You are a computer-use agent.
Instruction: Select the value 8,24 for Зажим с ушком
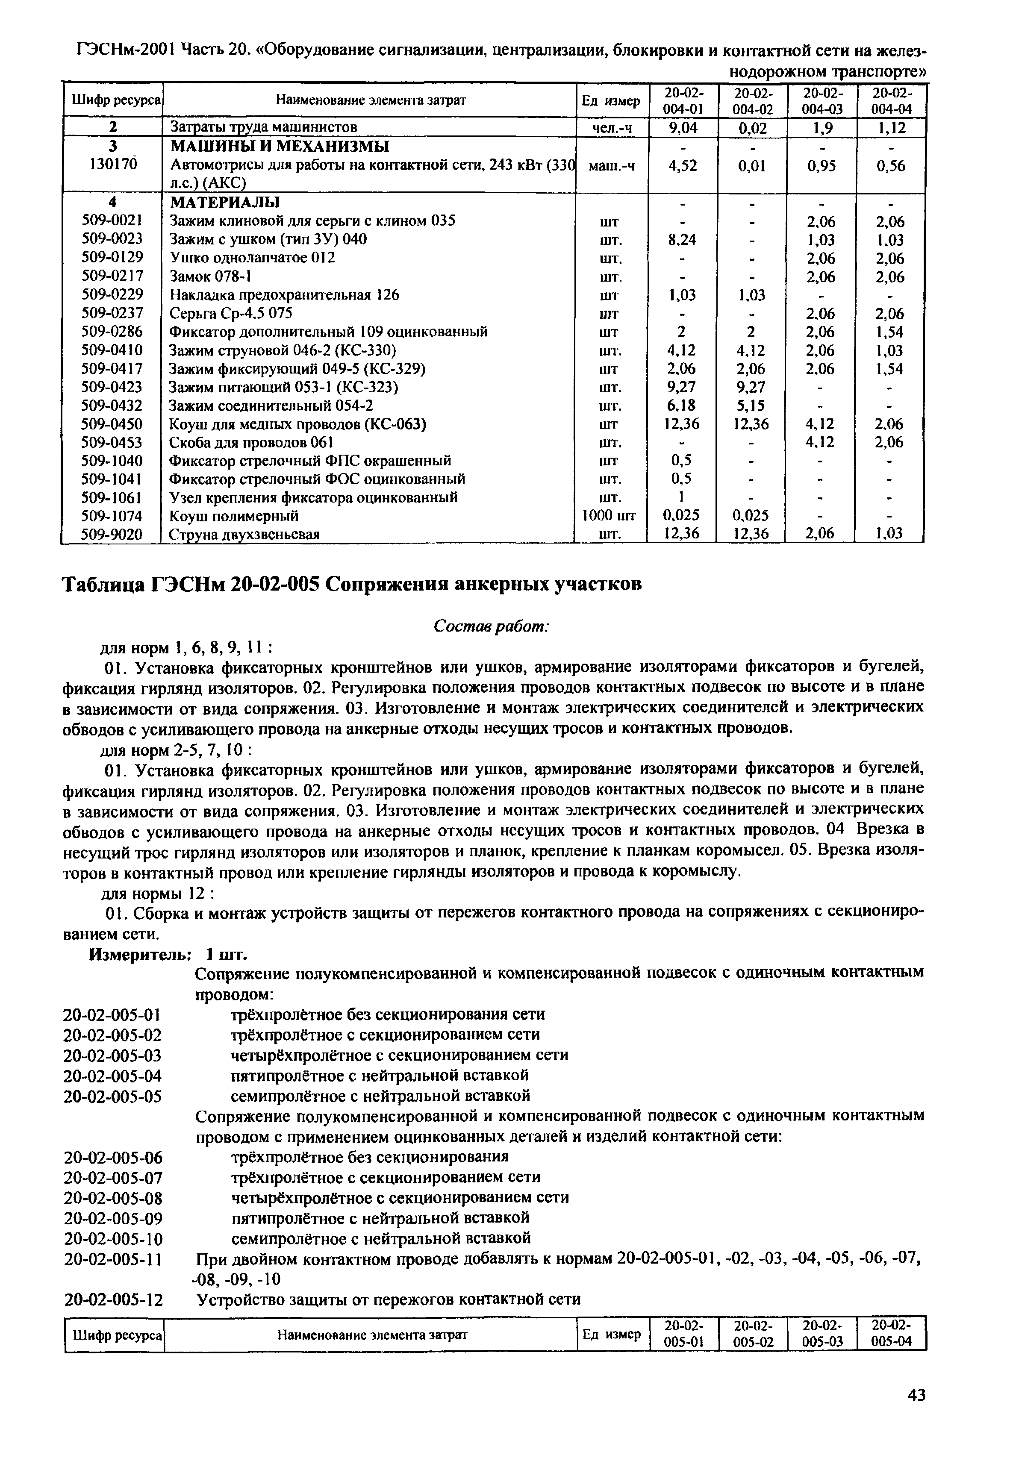[682, 240]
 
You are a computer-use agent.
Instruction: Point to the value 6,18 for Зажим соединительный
[682, 406]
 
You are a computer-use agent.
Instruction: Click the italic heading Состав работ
[491, 625]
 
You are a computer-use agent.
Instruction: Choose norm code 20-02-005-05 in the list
[113, 1095]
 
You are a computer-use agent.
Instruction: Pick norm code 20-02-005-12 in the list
[113, 1299]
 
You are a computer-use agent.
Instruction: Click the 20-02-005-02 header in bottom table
[753, 1333]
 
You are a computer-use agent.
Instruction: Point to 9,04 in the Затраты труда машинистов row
[682, 128]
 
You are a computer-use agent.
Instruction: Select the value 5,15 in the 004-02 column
[751, 406]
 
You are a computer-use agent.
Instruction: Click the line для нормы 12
[158, 894]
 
